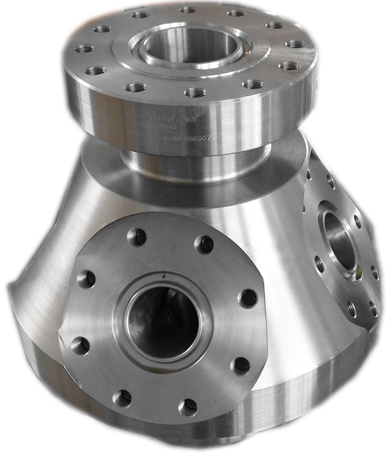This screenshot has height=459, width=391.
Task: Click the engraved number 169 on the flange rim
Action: (190, 119)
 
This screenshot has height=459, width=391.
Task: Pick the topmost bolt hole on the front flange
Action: (136, 236)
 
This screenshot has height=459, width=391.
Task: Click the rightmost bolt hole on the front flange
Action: (248, 298)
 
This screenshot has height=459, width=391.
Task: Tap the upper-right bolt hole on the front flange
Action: (204, 244)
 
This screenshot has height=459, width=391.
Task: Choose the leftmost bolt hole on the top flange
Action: (83, 48)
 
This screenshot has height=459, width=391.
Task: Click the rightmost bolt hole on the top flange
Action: (296, 44)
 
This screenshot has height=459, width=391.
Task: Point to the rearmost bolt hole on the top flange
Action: (188, 9)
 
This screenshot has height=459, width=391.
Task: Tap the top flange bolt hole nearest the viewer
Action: (194, 93)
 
